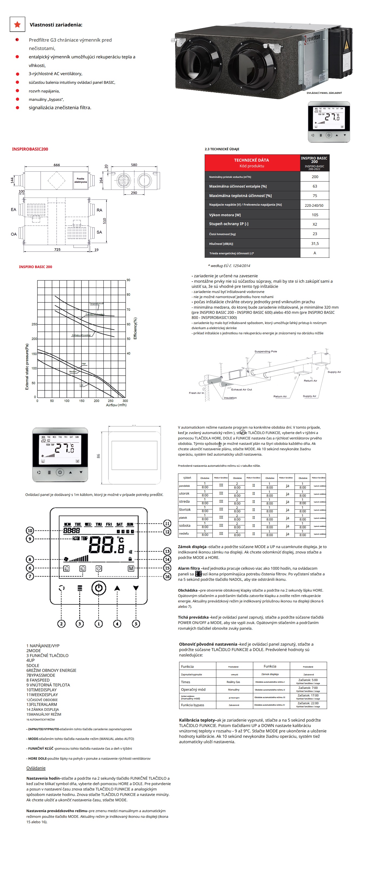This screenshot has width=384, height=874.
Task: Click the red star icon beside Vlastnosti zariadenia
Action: tap(17, 24)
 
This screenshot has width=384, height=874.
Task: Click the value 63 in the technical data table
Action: tap(315, 186)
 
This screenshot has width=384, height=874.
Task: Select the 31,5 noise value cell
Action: tap(315, 243)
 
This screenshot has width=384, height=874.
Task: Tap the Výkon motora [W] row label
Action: tap(225, 215)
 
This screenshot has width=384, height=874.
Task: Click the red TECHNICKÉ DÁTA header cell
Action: tap(251, 162)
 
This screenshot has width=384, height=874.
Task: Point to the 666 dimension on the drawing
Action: tap(57, 165)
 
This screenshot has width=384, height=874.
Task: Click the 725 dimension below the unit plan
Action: tap(57, 249)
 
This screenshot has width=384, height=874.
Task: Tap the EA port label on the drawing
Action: tap(14, 210)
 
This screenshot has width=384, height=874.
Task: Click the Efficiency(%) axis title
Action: tap(135, 328)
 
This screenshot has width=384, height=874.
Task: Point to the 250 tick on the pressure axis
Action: tap(34, 324)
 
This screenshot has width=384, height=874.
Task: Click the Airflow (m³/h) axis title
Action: tap(116, 405)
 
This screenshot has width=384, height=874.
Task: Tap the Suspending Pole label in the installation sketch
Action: tap(266, 352)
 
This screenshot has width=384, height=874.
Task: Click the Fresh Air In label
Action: tap(196, 393)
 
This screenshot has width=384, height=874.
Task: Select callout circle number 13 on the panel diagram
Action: tap(167, 551)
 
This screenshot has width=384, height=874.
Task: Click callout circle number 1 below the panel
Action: tap(98, 623)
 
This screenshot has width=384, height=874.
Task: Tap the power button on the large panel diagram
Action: tap(98, 588)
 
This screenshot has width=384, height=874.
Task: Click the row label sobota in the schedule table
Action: tap(185, 526)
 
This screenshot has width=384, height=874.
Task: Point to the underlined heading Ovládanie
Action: tap(36, 768)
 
